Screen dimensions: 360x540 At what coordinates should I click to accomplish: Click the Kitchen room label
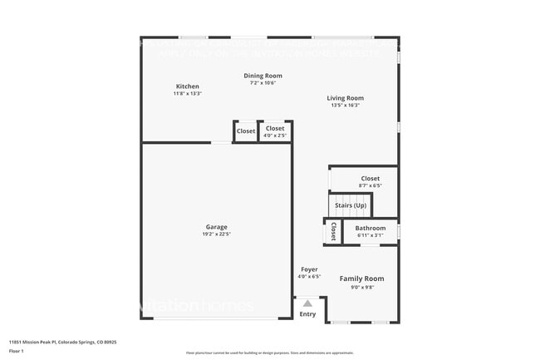point(187,86)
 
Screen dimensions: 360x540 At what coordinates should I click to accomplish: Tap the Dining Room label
point(263,76)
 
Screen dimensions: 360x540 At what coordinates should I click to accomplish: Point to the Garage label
point(216,227)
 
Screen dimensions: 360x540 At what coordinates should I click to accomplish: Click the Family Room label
point(361,279)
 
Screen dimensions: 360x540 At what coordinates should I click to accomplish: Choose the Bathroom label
point(371,228)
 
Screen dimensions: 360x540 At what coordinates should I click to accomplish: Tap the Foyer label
point(309,269)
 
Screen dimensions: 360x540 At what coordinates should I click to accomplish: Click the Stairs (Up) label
point(350,205)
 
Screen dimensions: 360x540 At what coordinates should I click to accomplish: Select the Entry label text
point(307,314)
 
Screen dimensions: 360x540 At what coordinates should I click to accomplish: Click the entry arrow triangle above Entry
point(307,303)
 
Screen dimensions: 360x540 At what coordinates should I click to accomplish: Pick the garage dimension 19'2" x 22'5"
point(216,234)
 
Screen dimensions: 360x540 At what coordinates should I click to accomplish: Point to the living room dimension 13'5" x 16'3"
point(345,106)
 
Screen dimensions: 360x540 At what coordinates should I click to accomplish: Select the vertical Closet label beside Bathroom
point(333,231)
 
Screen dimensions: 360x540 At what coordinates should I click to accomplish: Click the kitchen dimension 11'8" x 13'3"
point(187,94)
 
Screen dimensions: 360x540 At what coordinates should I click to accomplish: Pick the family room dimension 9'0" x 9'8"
point(361,287)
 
